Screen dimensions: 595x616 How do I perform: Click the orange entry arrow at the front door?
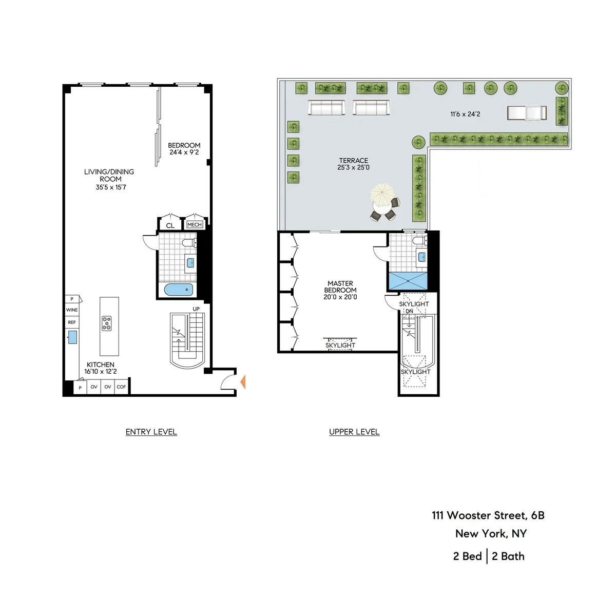click(x=243, y=381)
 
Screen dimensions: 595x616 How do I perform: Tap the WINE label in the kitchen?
click(x=72, y=310)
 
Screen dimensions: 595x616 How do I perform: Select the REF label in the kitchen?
click(x=72, y=322)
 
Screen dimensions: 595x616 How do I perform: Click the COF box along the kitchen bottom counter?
click(x=121, y=387)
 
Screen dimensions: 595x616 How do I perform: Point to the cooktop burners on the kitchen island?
click(x=107, y=323)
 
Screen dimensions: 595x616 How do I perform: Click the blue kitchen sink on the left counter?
click(x=73, y=337)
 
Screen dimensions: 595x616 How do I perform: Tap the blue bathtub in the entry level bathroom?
click(x=179, y=290)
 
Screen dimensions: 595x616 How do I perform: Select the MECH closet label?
click(x=195, y=225)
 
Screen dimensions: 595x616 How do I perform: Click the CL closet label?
click(x=170, y=225)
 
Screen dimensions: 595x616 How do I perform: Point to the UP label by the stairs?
click(x=196, y=309)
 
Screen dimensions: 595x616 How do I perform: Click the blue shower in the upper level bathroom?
click(x=408, y=281)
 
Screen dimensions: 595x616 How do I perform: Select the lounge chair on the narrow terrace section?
click(x=527, y=112)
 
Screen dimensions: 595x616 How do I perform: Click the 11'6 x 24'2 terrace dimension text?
click(x=465, y=114)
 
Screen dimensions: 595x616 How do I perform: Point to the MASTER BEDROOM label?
click(x=340, y=290)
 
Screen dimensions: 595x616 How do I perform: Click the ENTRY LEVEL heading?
click(x=151, y=432)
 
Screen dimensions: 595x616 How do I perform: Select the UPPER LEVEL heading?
click(x=354, y=432)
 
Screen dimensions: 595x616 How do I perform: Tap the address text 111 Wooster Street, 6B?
click(x=488, y=515)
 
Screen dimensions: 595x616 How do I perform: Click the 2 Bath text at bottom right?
click(x=508, y=556)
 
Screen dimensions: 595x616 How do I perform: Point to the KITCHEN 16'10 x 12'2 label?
click(x=101, y=368)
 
